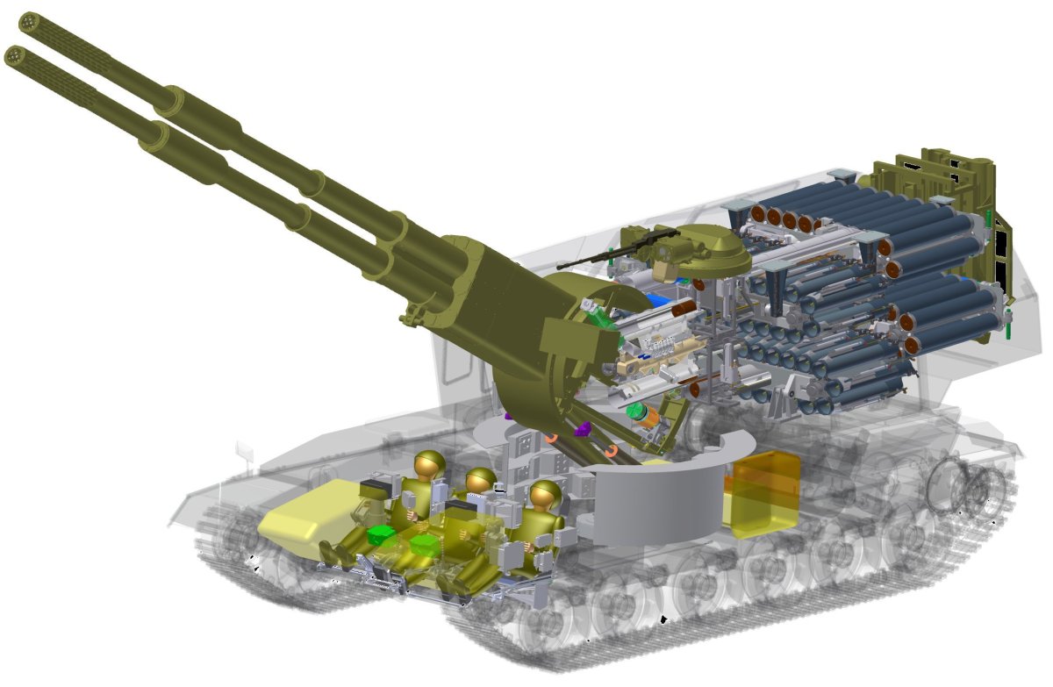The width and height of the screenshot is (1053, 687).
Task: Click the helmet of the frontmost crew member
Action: (x=429, y=464)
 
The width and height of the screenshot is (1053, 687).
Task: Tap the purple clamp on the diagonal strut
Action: (x=581, y=431)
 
